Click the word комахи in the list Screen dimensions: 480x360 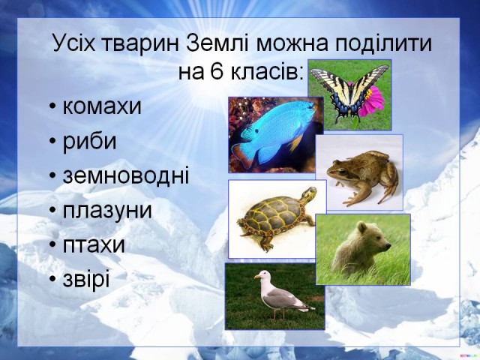(102, 106)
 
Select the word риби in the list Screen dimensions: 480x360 (90, 142)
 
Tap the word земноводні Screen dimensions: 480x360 (126, 176)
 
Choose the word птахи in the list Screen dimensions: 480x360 (94, 245)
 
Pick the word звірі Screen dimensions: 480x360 (86, 279)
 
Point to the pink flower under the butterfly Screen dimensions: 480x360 (372, 101)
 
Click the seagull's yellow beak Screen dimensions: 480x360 (257, 277)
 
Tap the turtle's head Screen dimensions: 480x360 (309, 195)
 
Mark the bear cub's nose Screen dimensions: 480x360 (388, 245)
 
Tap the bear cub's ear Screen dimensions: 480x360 (363, 227)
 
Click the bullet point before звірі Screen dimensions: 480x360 (52, 280)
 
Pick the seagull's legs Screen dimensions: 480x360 (278, 313)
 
